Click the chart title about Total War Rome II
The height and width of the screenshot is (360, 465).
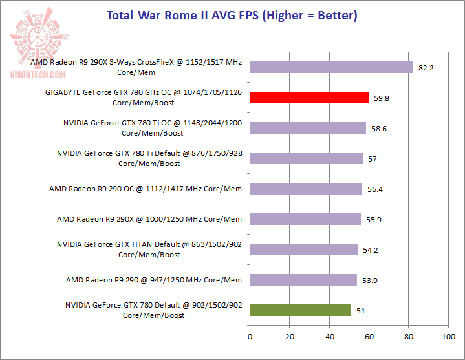[232, 15]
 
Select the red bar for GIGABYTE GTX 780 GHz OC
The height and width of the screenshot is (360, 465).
[309, 98]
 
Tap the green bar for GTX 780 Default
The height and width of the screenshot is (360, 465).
[300, 310]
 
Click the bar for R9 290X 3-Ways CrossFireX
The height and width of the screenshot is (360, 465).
[331, 67]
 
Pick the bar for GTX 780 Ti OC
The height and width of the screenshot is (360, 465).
[308, 128]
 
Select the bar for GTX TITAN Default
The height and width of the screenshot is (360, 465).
[303, 249]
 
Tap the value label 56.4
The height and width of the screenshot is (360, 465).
[374, 189]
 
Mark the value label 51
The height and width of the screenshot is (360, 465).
[361, 311]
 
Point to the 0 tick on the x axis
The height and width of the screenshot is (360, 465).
[250, 337]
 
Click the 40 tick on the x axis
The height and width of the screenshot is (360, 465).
[329, 337]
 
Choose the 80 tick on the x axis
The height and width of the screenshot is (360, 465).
[409, 337]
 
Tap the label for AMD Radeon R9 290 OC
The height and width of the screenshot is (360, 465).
[146, 189]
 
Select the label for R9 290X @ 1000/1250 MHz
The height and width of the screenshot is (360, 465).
[149, 219]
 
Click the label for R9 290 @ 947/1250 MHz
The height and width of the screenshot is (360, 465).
[154, 280]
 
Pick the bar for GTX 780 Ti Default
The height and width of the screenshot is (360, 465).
[306, 158]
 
